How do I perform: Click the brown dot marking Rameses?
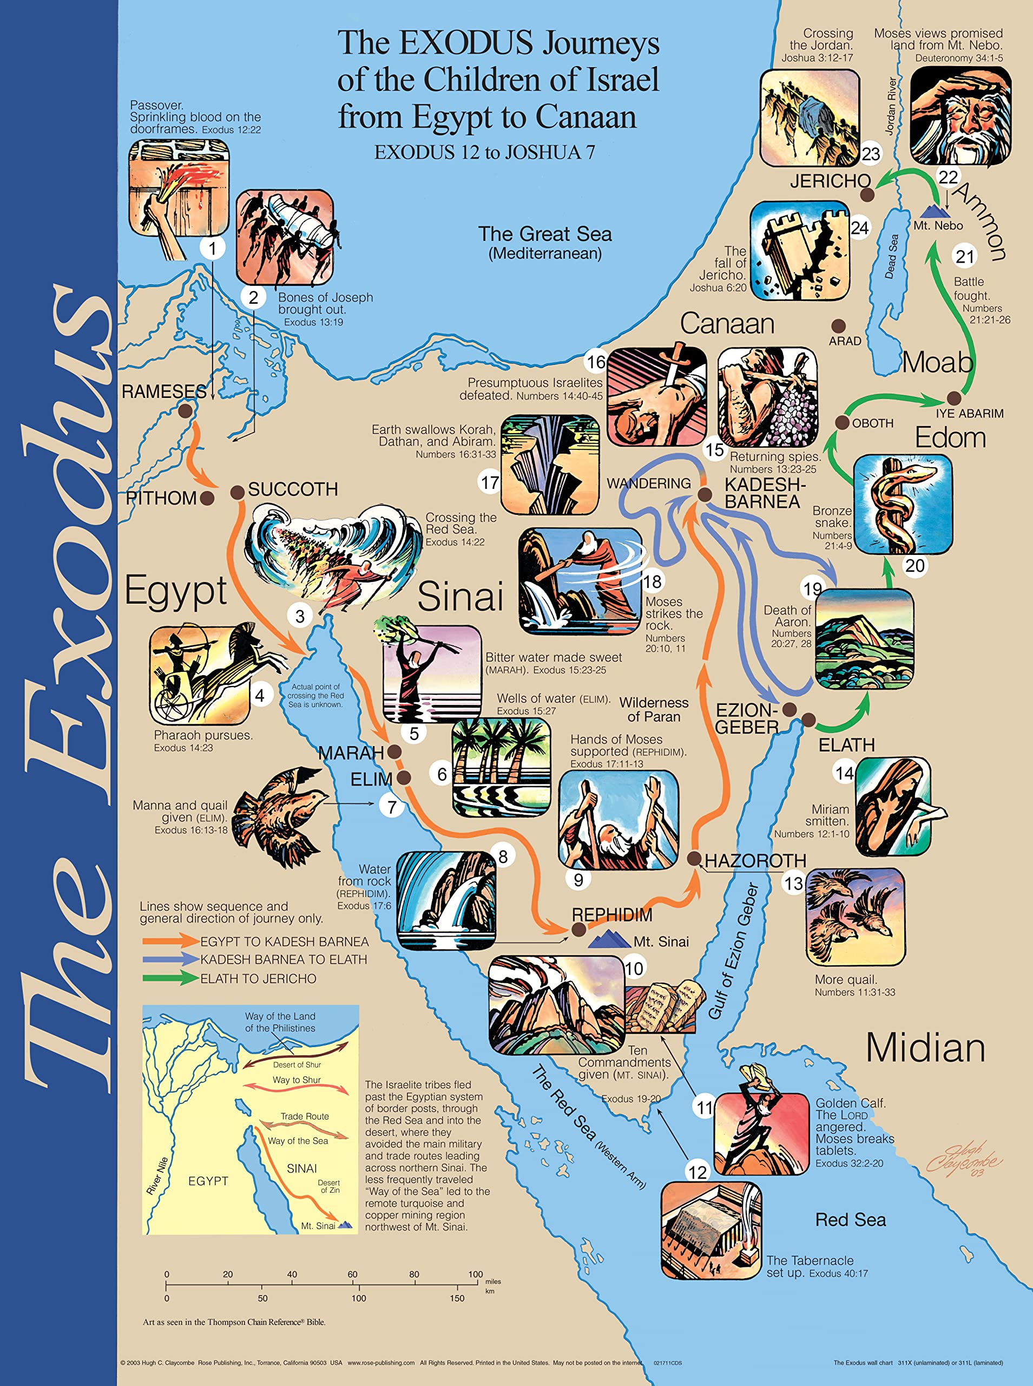[x=185, y=411]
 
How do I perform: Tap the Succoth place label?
[x=293, y=489]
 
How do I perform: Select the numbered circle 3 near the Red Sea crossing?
[x=300, y=616]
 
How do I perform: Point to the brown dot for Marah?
[x=394, y=751]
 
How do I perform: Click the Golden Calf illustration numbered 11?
[x=761, y=1132]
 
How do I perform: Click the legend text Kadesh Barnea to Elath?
[x=283, y=959]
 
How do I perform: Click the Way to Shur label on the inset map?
[x=297, y=1080]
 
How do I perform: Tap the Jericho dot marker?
[x=867, y=194]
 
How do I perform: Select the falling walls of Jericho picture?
[x=799, y=251]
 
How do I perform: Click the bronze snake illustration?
[x=902, y=504]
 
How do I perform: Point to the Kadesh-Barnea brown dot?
[x=705, y=495]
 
